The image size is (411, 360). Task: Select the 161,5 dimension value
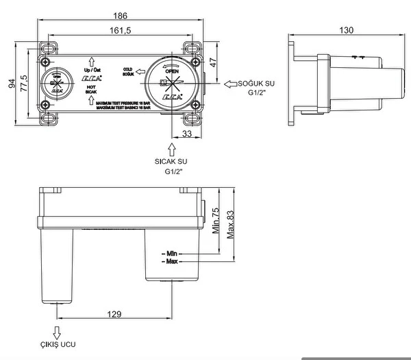(121, 31)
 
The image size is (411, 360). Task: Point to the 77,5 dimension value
(25, 84)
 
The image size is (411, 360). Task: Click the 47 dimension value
(213, 62)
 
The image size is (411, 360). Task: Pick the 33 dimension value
(187, 134)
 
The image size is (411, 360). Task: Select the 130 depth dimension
(346, 30)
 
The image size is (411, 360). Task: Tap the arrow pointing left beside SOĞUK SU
(231, 84)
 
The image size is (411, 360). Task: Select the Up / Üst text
(90, 70)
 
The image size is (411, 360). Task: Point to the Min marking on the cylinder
(172, 253)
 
